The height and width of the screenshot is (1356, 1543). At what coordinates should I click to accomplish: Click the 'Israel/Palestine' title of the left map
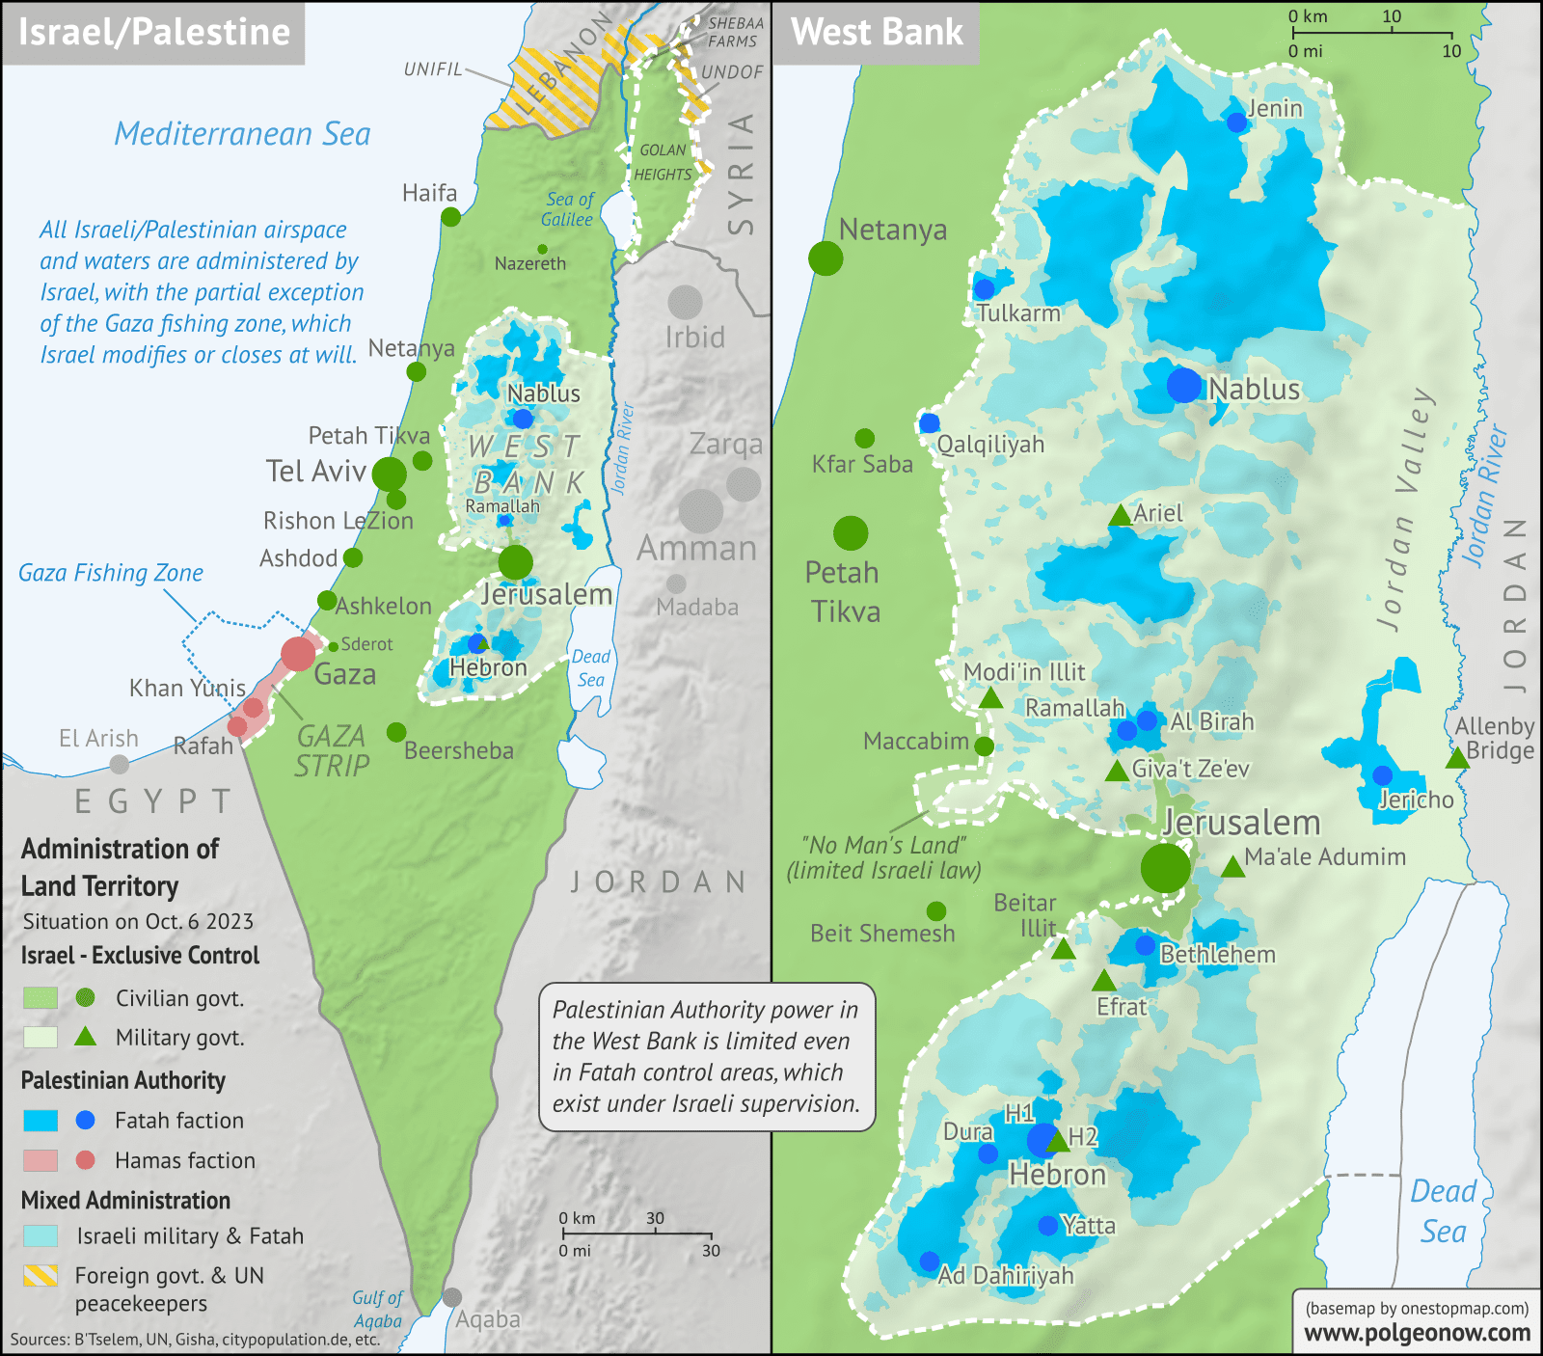click(x=154, y=32)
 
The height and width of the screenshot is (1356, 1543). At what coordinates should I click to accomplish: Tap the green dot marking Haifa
click(x=450, y=217)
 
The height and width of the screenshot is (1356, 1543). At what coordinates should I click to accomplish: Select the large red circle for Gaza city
click(x=299, y=653)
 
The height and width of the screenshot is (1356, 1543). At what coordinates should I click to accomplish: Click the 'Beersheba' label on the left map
click(x=458, y=750)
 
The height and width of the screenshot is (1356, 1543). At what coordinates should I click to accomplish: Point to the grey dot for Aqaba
click(x=452, y=1298)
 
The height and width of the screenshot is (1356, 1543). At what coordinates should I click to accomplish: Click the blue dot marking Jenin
click(x=1236, y=122)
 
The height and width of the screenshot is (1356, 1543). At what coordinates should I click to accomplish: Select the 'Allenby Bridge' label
click(x=1495, y=739)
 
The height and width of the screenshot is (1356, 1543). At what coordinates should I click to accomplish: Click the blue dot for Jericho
click(x=1382, y=775)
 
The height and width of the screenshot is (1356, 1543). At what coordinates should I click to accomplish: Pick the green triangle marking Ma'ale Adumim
click(x=1232, y=868)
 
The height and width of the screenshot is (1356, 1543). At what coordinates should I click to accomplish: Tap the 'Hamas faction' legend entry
click(x=184, y=1160)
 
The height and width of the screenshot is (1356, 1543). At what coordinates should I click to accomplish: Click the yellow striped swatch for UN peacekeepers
click(x=41, y=1276)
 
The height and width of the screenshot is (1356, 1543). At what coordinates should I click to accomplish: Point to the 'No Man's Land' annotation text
click(x=883, y=857)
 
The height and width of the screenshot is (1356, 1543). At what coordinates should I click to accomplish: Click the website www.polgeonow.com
click(x=1417, y=1333)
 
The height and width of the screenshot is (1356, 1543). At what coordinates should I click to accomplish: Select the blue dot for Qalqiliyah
click(x=930, y=422)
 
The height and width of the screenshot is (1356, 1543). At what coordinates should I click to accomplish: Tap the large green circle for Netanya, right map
click(x=826, y=258)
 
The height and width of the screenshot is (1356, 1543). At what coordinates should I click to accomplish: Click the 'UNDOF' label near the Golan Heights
click(x=732, y=72)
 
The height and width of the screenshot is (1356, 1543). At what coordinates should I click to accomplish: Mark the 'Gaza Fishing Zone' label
click(x=111, y=573)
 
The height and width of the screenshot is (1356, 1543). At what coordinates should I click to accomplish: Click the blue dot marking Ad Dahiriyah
click(x=929, y=1261)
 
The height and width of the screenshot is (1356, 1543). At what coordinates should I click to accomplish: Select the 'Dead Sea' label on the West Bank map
click(x=1443, y=1211)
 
